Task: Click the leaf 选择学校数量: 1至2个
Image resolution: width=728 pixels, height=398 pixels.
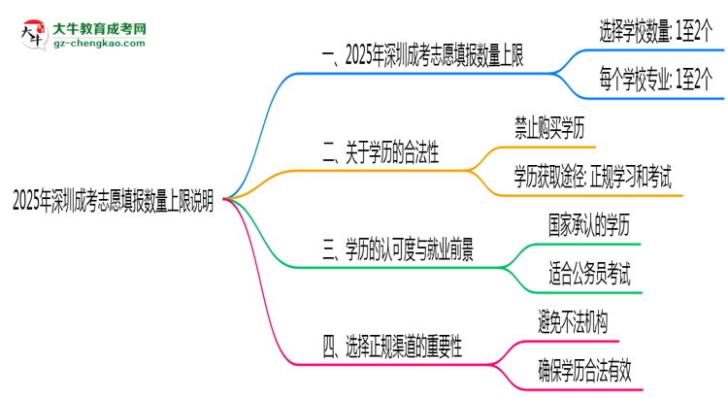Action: tap(657, 31)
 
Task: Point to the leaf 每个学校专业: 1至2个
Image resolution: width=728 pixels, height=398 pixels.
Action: tap(657, 82)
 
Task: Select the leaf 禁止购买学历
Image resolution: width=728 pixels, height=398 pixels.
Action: tap(550, 127)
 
